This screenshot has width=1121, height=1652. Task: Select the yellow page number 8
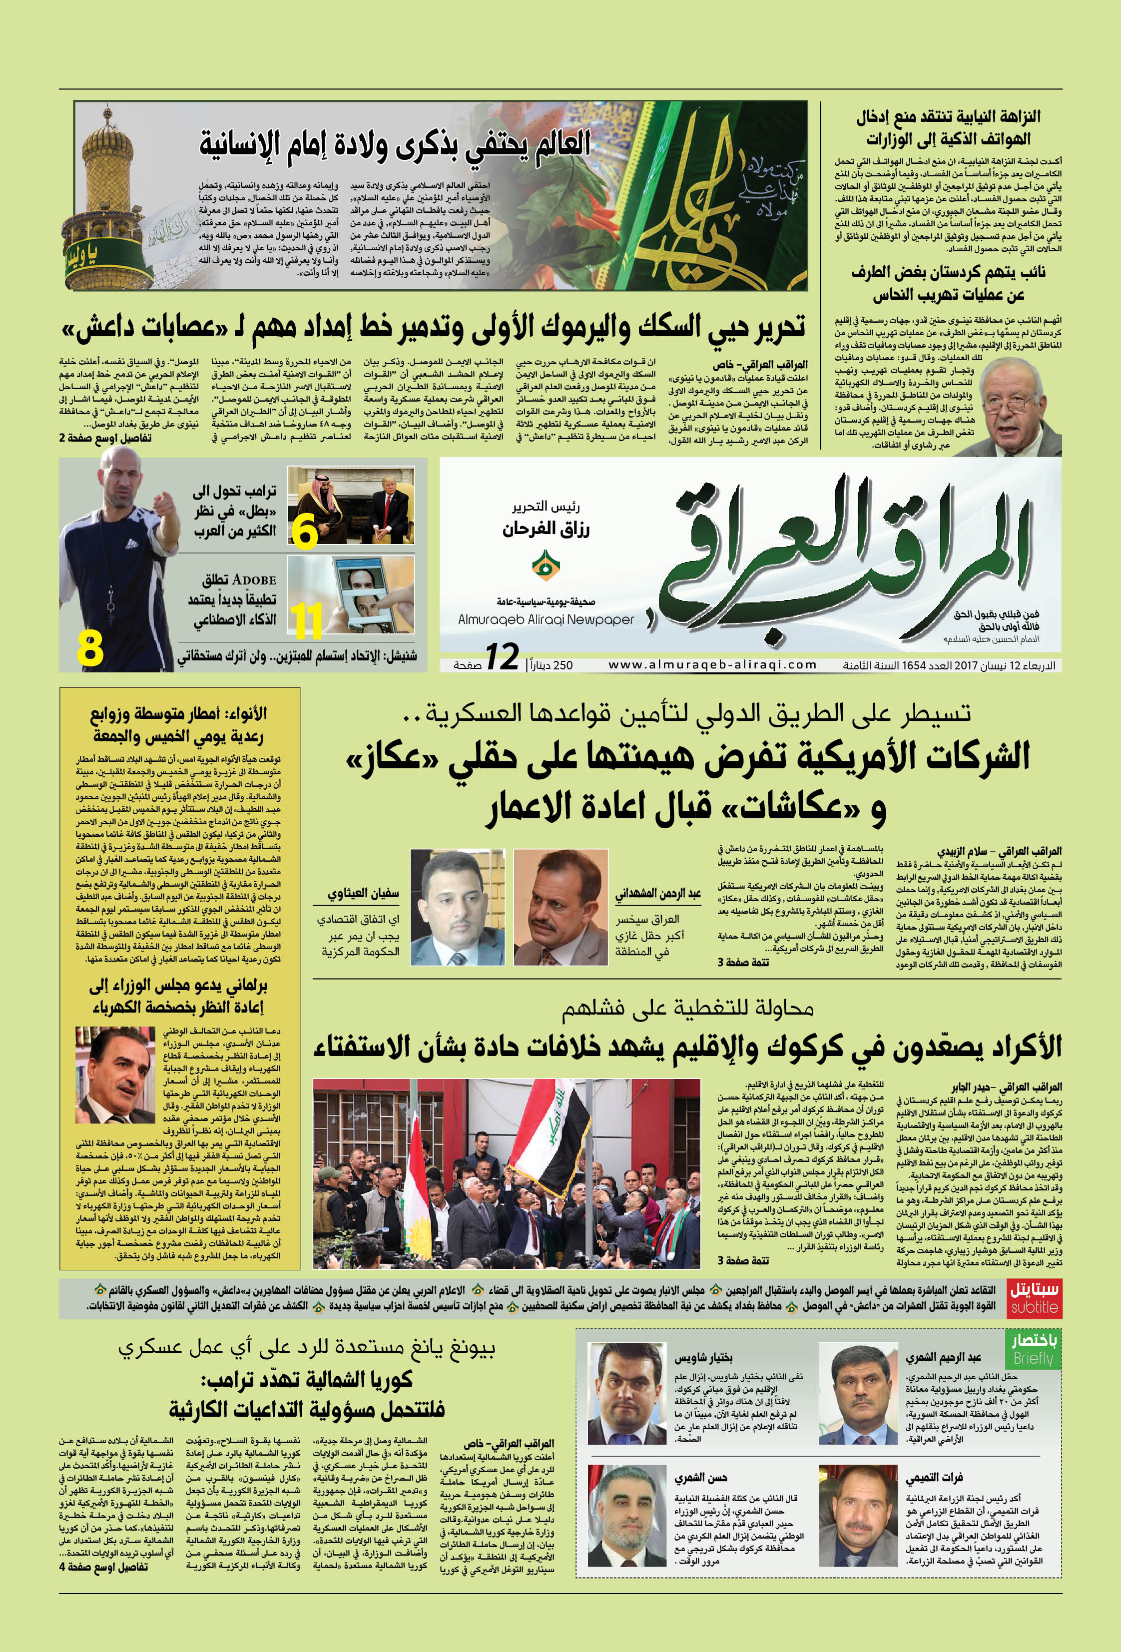(x=90, y=649)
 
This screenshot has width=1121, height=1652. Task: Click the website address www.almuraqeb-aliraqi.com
(x=712, y=664)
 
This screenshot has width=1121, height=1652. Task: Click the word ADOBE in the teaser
(x=254, y=580)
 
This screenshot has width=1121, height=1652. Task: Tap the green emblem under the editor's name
(x=545, y=566)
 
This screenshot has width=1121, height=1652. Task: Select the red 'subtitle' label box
(x=1034, y=1297)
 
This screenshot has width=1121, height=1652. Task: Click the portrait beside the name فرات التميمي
(x=858, y=1515)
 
